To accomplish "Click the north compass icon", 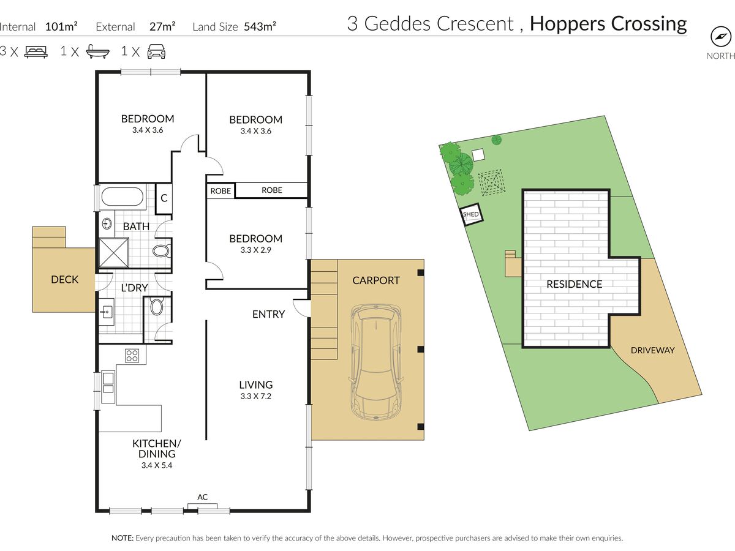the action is click(x=720, y=37).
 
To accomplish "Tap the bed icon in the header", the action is click(x=36, y=52).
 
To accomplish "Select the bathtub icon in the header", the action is click(x=98, y=51).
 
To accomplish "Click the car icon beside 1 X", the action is click(x=156, y=51).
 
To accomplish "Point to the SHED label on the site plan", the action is click(x=470, y=214).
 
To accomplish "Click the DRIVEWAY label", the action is click(x=653, y=350).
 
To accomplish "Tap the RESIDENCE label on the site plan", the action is click(x=575, y=284).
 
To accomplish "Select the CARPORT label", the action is click(x=376, y=280).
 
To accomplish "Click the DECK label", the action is click(x=65, y=279).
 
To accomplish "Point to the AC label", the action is click(x=202, y=497).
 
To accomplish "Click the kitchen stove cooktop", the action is click(x=132, y=356).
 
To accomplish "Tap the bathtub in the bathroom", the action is click(x=123, y=197).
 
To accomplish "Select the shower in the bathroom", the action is click(x=114, y=253).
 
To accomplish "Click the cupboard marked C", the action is click(x=164, y=198).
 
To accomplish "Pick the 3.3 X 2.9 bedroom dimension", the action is click(x=256, y=250).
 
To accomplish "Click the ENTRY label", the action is click(x=268, y=314).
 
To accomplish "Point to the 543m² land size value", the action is click(x=260, y=26).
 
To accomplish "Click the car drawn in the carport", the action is click(x=375, y=362).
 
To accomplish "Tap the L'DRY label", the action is click(x=134, y=288).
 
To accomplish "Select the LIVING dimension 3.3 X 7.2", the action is click(x=256, y=396).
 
